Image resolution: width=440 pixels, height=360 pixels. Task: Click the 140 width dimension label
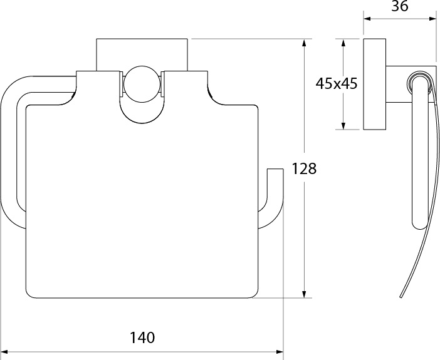[142, 337]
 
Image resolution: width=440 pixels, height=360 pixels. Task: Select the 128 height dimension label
[304, 169]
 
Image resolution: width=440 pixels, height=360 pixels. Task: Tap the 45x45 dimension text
[337, 83]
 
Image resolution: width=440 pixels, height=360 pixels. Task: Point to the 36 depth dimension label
[400, 6]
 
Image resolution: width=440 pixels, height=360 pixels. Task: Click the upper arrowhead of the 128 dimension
[304, 43]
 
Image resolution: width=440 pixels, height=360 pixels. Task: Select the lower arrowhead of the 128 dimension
[304, 294]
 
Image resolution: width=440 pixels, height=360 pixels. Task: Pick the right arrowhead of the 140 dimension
[279, 352]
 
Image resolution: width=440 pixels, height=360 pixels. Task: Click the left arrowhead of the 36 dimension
[368, 19]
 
